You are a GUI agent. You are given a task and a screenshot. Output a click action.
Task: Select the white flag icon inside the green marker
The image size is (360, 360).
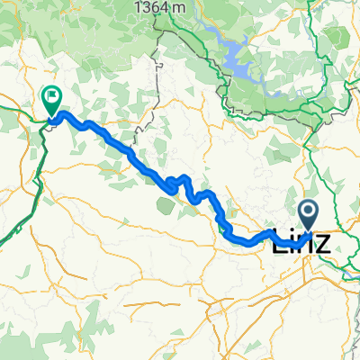pyautogui.click(x=52, y=94)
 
